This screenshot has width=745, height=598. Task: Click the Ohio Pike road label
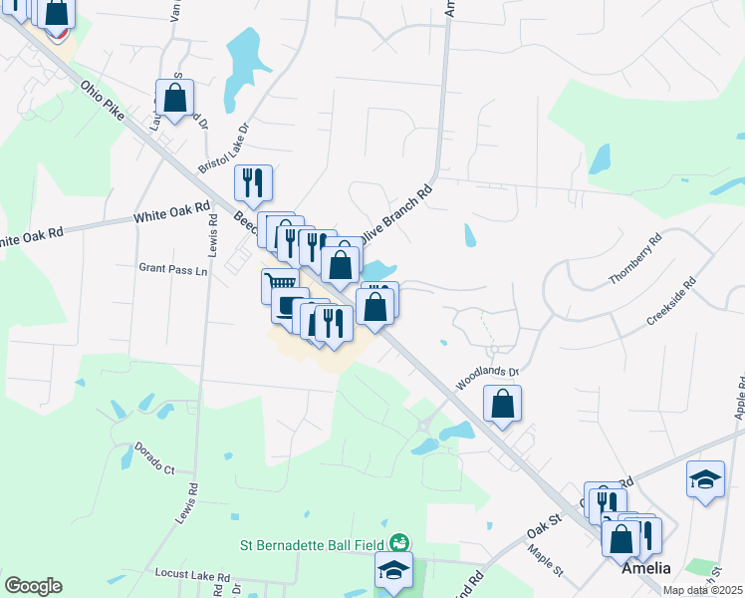click(105, 102)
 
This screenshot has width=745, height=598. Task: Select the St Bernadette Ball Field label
click(313, 545)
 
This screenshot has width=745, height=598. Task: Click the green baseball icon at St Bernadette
click(398, 543)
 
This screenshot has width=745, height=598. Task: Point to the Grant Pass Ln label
click(173, 269)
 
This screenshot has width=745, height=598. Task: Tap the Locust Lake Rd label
click(193, 575)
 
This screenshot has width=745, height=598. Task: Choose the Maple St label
click(547, 565)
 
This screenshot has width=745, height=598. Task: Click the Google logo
click(33, 586)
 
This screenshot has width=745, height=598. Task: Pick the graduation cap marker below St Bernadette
click(393, 568)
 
